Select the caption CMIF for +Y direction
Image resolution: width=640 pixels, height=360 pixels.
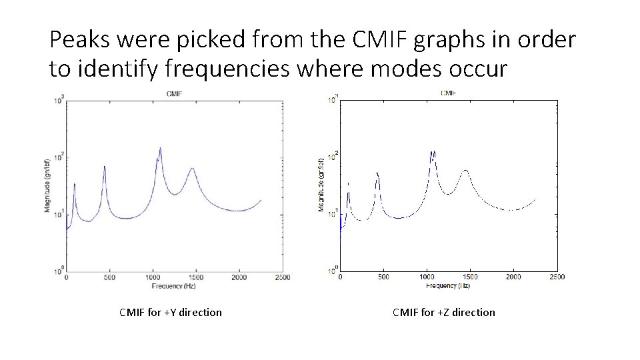pyautogui.click(x=171, y=312)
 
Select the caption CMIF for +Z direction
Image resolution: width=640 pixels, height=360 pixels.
pyautogui.click(x=444, y=312)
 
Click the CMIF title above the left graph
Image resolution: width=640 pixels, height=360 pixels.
pyautogui.click(x=174, y=93)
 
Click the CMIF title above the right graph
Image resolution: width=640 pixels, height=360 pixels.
pyautogui.click(x=448, y=93)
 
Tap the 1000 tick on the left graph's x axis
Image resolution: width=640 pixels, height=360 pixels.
pyautogui.click(x=153, y=277)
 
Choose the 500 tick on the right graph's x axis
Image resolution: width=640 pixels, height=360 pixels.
pyautogui.click(x=383, y=277)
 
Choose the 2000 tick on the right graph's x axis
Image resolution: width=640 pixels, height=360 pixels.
pyautogui.click(x=513, y=277)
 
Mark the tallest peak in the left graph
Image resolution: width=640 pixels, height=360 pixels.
pyautogui.click(x=160, y=149)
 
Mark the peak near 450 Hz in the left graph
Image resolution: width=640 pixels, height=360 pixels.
pyautogui.click(x=105, y=167)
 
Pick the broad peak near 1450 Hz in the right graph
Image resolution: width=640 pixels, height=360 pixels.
pyautogui.click(x=465, y=171)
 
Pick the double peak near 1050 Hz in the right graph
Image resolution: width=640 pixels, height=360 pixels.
pyautogui.click(x=433, y=153)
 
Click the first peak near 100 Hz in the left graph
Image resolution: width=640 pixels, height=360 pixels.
pyautogui.click(x=75, y=185)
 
